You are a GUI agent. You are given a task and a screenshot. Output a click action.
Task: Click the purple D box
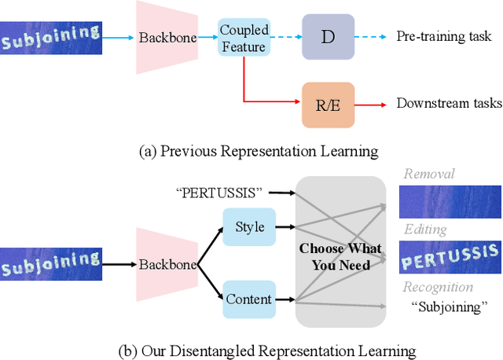pyautogui.click(x=328, y=37)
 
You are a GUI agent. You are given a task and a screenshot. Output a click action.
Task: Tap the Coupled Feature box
pyautogui.click(x=244, y=37)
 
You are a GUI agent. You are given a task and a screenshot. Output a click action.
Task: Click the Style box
pyautogui.click(x=249, y=227)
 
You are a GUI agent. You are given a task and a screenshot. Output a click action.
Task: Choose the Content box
pyautogui.click(x=248, y=299)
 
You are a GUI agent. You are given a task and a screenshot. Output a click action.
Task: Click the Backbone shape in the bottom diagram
pyautogui.click(x=164, y=265)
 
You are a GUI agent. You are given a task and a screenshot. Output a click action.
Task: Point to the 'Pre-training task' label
pyautogui.click(x=443, y=37)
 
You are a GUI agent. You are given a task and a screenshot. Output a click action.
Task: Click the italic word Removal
pyautogui.click(x=429, y=174)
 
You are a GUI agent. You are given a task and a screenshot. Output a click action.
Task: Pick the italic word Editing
pyautogui.click(x=425, y=230)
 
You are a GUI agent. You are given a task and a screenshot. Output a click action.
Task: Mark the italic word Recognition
pyautogui.click(x=438, y=287)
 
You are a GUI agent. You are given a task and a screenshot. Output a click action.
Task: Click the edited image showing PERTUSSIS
pyautogui.click(x=450, y=256)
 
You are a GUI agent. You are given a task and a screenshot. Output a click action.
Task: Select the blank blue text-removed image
pyautogui.click(x=450, y=201)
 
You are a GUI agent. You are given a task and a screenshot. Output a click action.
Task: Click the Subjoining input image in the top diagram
pyautogui.click(x=52, y=35)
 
